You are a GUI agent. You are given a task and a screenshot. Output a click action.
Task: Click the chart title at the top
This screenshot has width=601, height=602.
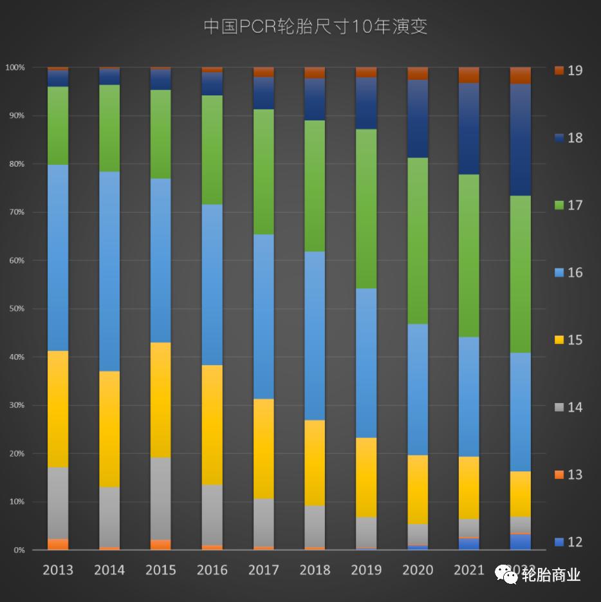(315, 26)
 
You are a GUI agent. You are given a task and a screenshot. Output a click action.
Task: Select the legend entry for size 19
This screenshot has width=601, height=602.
(568, 70)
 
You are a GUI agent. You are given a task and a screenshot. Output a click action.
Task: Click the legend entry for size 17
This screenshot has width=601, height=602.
(568, 205)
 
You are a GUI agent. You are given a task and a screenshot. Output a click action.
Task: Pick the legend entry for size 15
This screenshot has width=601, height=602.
(568, 340)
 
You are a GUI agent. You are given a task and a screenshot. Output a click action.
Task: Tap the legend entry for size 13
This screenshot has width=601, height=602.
(568, 475)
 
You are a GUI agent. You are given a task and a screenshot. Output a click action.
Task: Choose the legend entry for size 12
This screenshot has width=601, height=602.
(568, 542)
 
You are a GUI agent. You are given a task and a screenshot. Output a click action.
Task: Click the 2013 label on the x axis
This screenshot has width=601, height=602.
(58, 570)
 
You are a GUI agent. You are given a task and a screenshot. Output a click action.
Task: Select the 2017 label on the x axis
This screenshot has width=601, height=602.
(264, 570)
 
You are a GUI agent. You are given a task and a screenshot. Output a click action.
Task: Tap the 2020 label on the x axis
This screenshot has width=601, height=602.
(418, 570)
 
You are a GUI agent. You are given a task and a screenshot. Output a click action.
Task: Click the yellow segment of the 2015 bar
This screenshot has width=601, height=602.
(161, 399)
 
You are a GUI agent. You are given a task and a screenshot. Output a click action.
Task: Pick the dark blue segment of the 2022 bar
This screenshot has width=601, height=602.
(521, 139)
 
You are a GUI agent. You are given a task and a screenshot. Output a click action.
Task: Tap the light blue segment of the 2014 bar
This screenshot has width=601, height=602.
(109, 271)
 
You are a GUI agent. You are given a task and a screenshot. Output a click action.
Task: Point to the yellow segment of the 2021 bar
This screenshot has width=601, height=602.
(469, 487)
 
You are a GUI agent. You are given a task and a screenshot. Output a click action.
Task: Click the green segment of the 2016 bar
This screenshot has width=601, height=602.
(212, 149)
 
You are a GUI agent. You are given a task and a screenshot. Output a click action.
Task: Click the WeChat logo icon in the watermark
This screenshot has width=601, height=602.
(506, 574)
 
